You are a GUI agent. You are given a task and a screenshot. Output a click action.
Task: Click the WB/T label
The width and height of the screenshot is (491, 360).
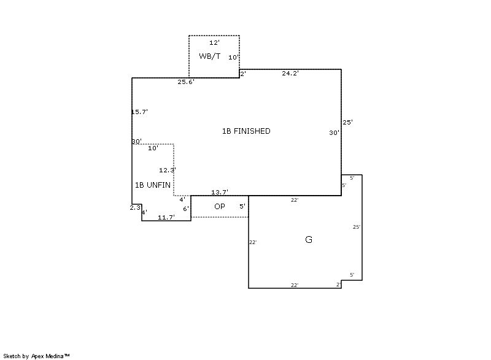209,56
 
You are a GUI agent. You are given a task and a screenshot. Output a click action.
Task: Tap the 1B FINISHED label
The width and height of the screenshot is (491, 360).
246,131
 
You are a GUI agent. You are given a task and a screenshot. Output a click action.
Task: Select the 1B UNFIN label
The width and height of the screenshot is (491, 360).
153,185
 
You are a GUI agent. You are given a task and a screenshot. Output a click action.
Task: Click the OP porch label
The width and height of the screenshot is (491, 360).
220,207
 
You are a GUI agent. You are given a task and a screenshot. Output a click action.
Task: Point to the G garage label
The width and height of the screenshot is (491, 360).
309,240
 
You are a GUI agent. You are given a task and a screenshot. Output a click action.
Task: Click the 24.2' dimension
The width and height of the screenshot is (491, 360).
290,74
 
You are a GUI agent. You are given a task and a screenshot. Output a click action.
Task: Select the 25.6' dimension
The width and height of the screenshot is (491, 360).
186,82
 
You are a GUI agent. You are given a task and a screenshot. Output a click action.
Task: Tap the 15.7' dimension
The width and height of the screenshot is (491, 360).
139,112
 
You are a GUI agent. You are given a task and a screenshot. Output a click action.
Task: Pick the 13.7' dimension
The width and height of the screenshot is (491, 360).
220,192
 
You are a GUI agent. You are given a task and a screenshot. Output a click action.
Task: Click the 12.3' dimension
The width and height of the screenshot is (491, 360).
168,170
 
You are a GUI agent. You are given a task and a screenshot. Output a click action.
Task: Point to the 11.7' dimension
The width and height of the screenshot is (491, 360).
166,217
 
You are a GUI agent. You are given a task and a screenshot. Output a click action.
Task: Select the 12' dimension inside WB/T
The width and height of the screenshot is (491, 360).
214,42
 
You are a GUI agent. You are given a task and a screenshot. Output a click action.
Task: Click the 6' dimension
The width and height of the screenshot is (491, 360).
186,209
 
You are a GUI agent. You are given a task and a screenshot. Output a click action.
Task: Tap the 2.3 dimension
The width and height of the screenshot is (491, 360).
135,208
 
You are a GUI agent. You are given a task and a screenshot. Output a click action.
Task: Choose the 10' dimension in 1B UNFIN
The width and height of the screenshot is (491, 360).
153,148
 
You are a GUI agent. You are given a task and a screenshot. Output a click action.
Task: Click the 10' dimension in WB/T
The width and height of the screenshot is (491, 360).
234,57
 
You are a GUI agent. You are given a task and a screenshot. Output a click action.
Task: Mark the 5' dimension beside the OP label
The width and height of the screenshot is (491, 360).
242,207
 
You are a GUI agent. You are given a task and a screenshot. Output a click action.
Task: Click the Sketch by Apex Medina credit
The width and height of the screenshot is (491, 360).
36,356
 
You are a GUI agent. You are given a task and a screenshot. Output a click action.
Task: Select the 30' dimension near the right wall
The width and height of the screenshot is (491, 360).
334,133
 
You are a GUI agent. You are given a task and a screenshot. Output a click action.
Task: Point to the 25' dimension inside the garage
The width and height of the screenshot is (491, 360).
357,227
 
